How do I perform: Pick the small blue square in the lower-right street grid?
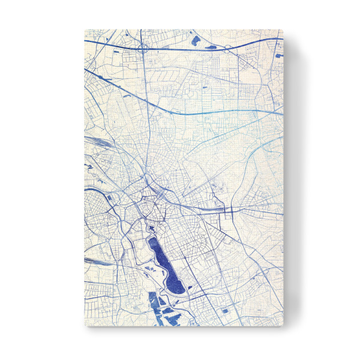click(226, 311)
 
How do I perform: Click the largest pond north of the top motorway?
click(196, 41)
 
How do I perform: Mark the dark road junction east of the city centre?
click(229, 210)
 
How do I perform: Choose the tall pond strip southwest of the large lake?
click(152, 303)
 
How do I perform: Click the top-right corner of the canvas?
click(282, 29)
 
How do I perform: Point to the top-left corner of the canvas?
click(83, 29)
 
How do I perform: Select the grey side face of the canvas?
click(286, 180)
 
